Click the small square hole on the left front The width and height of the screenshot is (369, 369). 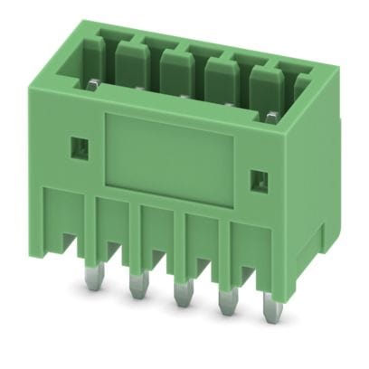coord(78,145)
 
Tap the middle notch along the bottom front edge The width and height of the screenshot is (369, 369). coord(159,257)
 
